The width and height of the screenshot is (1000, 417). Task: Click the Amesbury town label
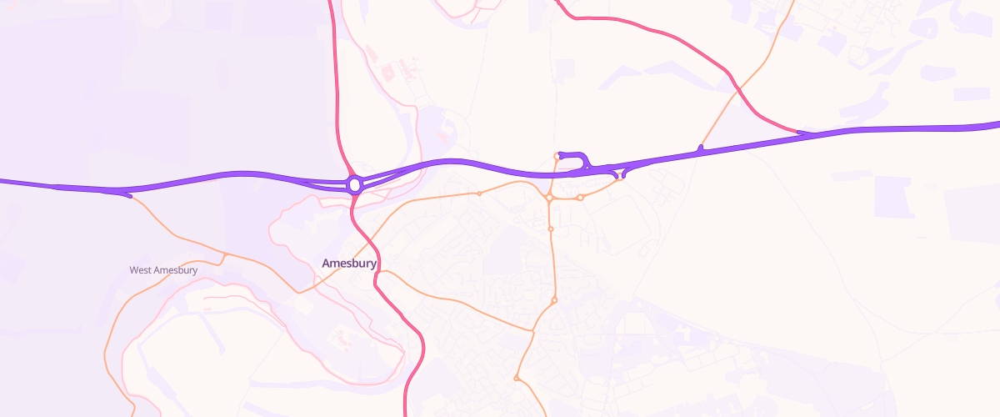coord(349,264)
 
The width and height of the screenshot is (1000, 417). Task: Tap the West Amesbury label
coord(163,270)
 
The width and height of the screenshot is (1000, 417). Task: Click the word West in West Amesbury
coord(140,270)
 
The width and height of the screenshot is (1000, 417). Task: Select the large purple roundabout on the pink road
coord(355,184)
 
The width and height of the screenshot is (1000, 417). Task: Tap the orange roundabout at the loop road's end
coord(557,155)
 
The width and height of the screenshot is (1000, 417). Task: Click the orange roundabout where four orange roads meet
coord(550,198)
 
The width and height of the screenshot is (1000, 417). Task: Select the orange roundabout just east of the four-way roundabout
coord(580,198)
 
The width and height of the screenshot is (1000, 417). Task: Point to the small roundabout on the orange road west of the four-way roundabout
coord(479,193)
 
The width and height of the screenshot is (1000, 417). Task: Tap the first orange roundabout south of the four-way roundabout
coord(551,229)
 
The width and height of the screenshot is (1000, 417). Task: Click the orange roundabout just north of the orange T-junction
coord(554,300)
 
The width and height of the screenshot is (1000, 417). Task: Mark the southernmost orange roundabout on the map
coord(517,379)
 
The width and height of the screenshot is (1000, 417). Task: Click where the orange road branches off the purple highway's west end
coord(129,197)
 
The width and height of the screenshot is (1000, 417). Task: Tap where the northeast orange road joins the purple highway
coord(701,149)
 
